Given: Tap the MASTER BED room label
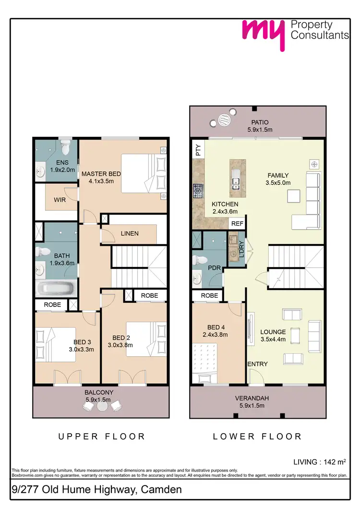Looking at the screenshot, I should click(x=101, y=178).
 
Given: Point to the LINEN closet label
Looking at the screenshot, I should click(x=130, y=234).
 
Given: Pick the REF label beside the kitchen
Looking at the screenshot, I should click(x=237, y=224).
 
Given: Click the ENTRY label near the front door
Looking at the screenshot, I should click(x=257, y=364).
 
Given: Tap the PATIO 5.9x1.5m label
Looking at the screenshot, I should click(x=258, y=126).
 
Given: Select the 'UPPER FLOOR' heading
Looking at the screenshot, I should click(x=101, y=436).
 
